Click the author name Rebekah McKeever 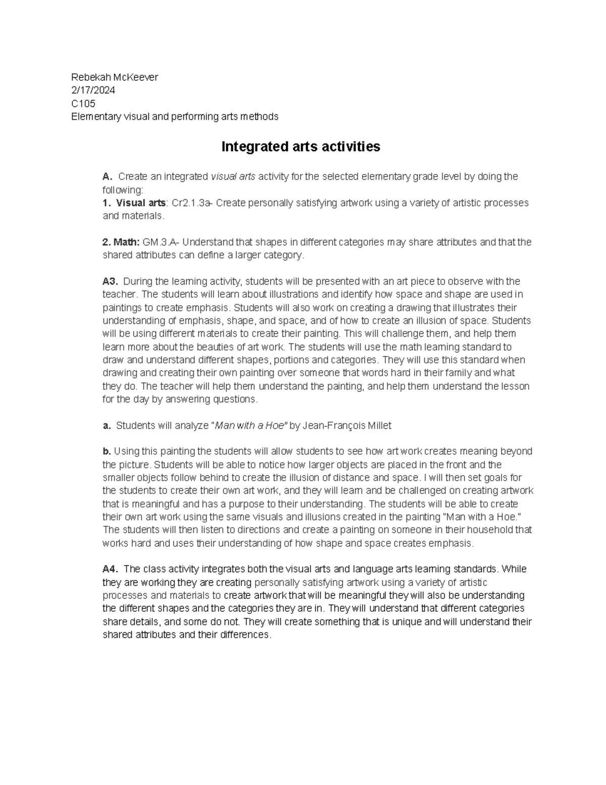click(x=115, y=77)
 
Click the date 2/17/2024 click(x=93, y=90)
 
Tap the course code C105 click(x=83, y=104)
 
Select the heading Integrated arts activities click(x=301, y=147)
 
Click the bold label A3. click(x=110, y=282)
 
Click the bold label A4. click(x=110, y=569)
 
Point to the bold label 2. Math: click(x=121, y=242)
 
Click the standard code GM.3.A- click(x=158, y=242)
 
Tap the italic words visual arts click(x=233, y=177)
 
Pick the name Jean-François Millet click(x=347, y=426)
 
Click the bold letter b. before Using click(x=106, y=451)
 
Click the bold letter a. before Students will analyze click(x=106, y=426)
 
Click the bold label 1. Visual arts click(x=134, y=203)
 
